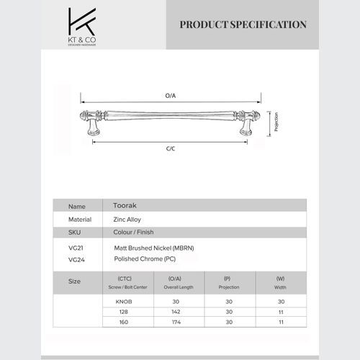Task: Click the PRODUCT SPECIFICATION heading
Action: (243, 24)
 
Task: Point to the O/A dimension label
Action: (171, 95)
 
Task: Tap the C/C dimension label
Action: (171, 148)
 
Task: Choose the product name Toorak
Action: (125, 205)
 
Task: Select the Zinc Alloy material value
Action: (128, 219)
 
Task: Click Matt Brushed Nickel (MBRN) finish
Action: (154, 247)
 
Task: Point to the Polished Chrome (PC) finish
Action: (144, 258)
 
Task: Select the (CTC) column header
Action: (124, 277)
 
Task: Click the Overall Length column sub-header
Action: (176, 287)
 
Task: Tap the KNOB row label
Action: (124, 301)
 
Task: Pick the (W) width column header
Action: (280, 277)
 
